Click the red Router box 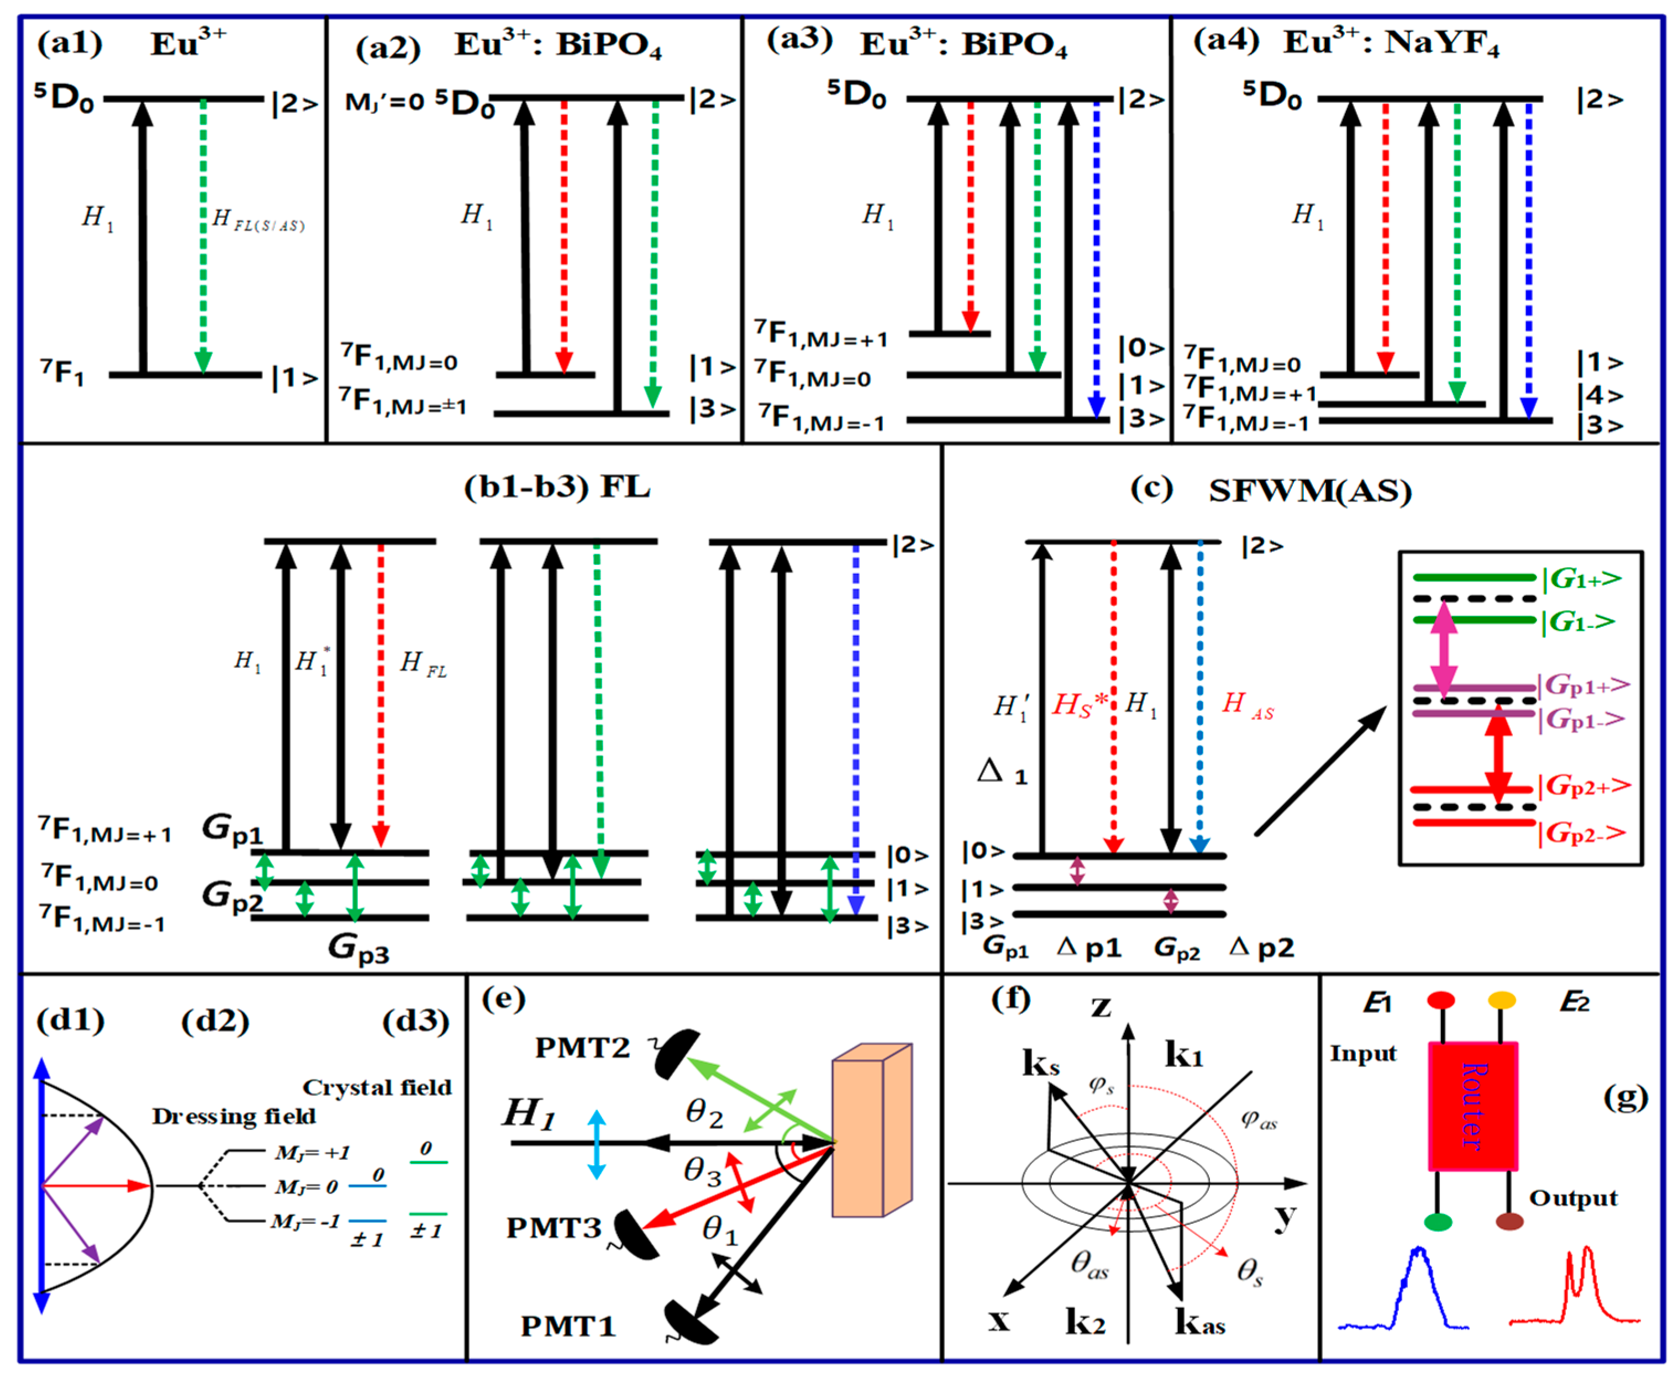[x=1472, y=1106]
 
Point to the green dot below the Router [x=1438, y=1222]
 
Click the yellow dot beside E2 [x=1501, y=1000]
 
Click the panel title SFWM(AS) [x=1309, y=492]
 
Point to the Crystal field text [x=377, y=1087]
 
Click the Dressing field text [x=234, y=1116]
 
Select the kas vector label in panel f [x=1200, y=1323]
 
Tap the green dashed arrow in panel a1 [x=203, y=239]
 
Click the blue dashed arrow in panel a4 [x=1528, y=254]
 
